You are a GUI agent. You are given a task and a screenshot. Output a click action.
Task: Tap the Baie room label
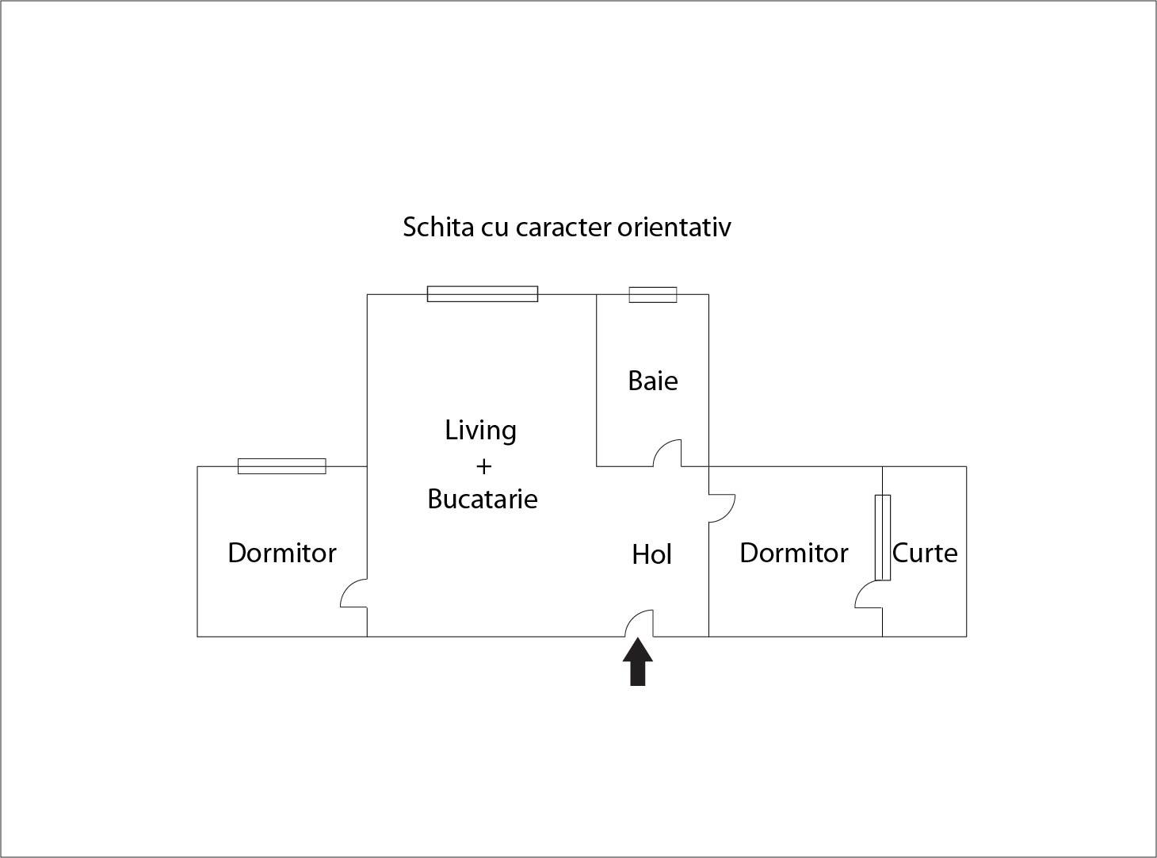(x=652, y=381)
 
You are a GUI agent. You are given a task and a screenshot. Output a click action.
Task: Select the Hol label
(x=651, y=554)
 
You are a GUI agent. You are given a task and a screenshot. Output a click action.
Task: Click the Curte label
(x=924, y=553)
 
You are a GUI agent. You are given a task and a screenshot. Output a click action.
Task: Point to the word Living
(x=480, y=430)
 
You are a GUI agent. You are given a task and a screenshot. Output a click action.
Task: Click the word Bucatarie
(x=482, y=499)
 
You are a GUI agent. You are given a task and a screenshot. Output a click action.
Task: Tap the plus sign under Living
(x=483, y=465)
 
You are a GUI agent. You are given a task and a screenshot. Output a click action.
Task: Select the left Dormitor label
(x=281, y=553)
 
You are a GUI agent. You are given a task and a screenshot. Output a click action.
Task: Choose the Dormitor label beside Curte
(x=793, y=553)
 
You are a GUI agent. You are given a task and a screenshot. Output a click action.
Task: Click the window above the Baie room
(x=653, y=295)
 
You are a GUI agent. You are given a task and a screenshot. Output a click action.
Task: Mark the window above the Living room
(x=482, y=294)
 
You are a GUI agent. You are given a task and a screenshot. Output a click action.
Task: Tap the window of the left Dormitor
(x=281, y=466)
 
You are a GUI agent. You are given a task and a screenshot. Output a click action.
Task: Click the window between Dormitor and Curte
(x=882, y=537)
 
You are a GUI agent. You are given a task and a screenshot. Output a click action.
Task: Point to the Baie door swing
(x=667, y=454)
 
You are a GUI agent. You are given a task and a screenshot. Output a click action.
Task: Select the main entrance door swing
(x=640, y=623)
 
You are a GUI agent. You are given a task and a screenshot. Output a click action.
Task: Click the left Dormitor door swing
(x=354, y=593)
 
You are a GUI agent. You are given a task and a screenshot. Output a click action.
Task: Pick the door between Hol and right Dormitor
(x=721, y=508)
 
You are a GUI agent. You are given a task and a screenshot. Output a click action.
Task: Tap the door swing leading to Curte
(x=869, y=594)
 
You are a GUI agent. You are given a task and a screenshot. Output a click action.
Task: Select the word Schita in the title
(x=438, y=227)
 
